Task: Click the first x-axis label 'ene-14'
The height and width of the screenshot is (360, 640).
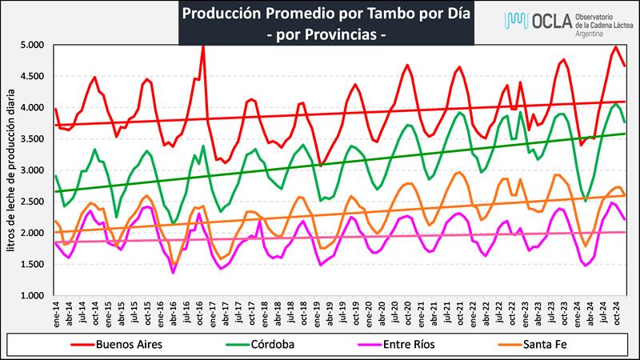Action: [56, 314]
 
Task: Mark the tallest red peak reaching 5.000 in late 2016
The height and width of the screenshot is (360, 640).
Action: [203, 46]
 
